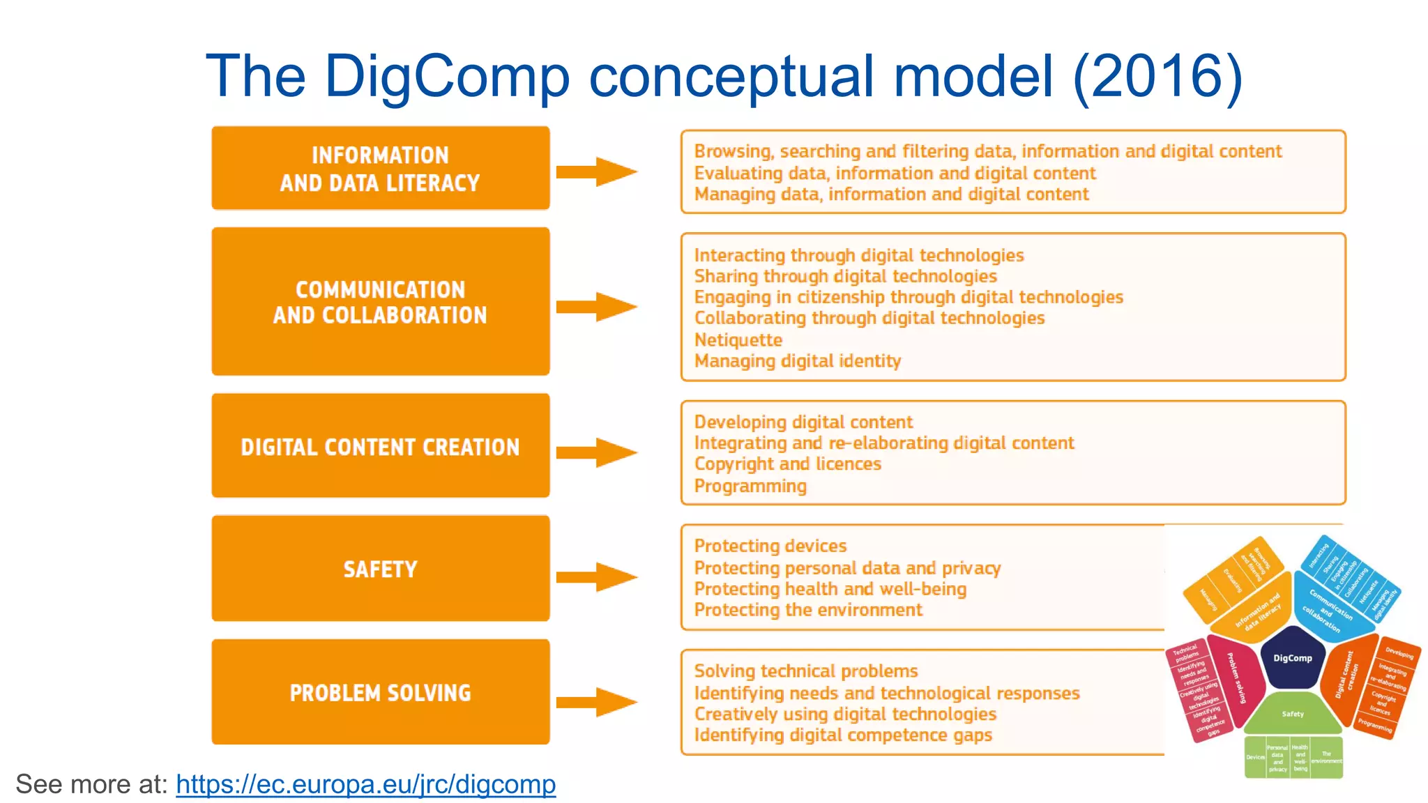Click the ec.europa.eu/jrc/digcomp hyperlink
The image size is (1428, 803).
coord(365,784)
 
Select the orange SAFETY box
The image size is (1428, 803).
coord(381,569)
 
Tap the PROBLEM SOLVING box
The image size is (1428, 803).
coord(381,692)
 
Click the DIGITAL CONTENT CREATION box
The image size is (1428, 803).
coord(381,446)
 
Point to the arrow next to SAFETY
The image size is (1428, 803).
coord(597,576)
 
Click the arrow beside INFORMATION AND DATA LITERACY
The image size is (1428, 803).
coord(597,171)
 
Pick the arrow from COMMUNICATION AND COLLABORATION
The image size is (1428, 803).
coord(597,307)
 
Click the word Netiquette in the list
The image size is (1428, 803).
coord(738,340)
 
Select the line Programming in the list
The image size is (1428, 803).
coord(750,486)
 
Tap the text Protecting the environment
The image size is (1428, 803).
coord(808,610)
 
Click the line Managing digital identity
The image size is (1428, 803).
coord(798,361)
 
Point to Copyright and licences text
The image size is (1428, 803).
coord(788,464)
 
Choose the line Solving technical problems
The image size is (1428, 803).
coord(806,671)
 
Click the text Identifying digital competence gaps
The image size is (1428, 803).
coord(843,735)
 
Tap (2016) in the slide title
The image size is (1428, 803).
coord(1157,77)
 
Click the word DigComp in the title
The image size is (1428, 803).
coord(446,77)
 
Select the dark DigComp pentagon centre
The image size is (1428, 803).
coord(1292,657)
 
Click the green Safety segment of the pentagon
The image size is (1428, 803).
coord(1292,714)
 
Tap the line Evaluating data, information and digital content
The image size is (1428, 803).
coord(895,173)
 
